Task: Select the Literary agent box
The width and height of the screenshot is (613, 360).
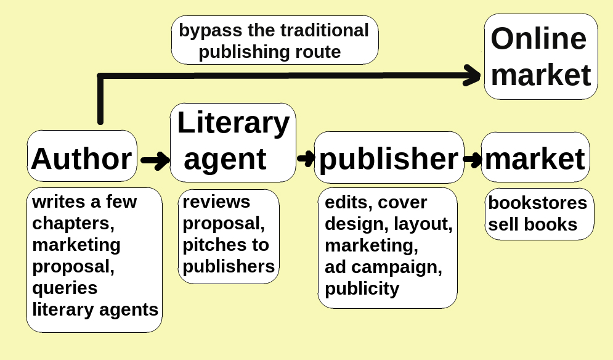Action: point(232,142)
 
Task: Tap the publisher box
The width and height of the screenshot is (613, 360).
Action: point(388,158)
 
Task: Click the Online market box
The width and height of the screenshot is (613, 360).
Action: point(540,57)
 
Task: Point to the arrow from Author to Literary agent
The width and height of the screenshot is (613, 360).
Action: point(155,160)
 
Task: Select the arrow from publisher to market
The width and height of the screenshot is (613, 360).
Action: point(473,160)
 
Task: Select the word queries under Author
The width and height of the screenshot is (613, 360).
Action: point(65,287)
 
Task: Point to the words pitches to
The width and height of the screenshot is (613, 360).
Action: point(225,245)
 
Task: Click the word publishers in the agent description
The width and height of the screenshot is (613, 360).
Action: point(229,266)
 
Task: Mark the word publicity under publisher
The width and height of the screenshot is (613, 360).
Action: point(362,288)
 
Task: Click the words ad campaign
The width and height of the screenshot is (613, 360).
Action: point(383,266)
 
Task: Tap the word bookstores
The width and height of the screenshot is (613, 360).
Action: point(537,203)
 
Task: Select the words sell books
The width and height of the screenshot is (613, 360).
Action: point(533,224)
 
